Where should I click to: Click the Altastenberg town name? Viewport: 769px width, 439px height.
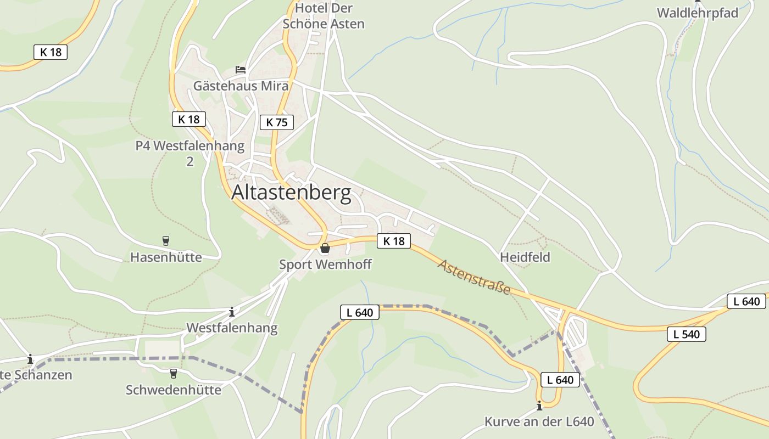pos(291,193)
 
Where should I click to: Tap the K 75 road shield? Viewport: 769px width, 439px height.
pos(277,122)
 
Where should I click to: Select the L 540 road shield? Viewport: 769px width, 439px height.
pos(686,334)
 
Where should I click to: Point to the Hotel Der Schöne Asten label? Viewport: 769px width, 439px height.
pos(323,16)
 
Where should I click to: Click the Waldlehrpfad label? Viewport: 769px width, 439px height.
pos(697,13)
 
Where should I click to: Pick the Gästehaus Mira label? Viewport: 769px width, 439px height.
pos(241,86)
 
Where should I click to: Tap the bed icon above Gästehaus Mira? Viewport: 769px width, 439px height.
pos(241,70)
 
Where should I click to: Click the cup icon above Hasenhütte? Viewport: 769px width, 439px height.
pos(165,240)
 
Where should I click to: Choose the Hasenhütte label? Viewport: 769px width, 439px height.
pos(166,257)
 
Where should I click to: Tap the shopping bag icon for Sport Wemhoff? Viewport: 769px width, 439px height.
pos(325,249)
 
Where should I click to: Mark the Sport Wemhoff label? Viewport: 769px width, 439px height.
pos(325,264)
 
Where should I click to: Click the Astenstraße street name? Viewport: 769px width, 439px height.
pos(474,277)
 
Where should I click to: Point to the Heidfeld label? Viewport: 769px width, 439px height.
pos(525,257)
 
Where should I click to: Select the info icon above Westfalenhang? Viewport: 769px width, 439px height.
pos(232,312)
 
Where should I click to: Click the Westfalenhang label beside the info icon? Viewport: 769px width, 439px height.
pos(232,328)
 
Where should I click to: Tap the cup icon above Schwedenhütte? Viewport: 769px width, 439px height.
pos(174,374)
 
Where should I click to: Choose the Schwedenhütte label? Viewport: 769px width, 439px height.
pos(174,390)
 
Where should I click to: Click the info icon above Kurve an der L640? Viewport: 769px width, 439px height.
pos(539,406)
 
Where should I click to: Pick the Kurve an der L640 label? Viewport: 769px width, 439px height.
pos(539,422)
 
